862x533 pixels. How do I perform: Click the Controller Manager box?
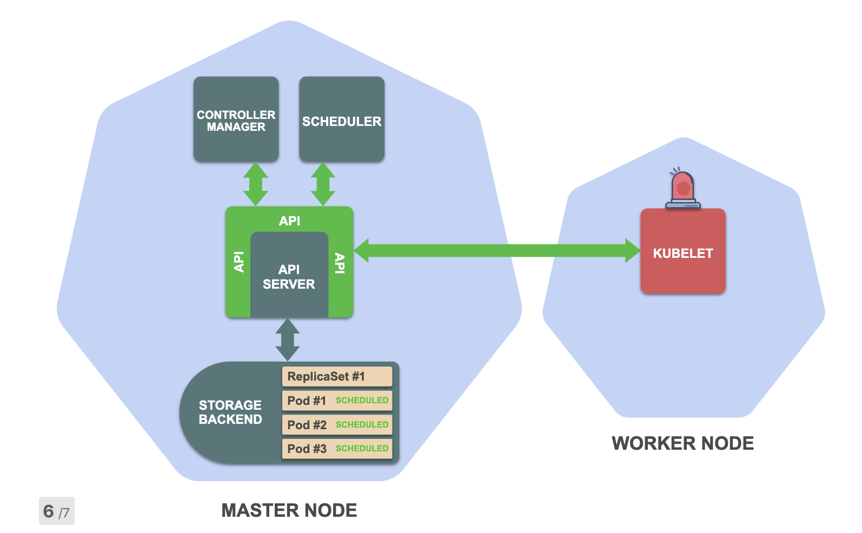(236, 119)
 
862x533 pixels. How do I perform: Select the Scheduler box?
(342, 119)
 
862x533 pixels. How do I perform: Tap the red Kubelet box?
(683, 251)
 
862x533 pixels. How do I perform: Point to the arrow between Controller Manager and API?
(256, 184)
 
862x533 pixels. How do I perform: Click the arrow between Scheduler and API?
(323, 184)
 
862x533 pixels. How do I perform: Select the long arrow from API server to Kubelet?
(497, 251)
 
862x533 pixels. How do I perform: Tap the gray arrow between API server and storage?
(288, 339)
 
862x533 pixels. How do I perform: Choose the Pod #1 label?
(307, 401)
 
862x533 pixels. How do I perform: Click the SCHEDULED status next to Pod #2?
(362, 424)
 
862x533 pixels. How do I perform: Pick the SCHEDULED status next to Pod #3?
(362, 448)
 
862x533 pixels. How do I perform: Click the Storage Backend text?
(230, 412)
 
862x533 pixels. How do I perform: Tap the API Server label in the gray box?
(289, 277)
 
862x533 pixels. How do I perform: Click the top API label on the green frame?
(289, 221)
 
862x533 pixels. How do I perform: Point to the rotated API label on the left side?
(239, 262)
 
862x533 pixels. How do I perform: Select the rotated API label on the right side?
(340, 263)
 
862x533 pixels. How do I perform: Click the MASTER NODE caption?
(289, 510)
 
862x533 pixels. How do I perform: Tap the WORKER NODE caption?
(682, 443)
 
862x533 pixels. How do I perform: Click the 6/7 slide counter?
(57, 511)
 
